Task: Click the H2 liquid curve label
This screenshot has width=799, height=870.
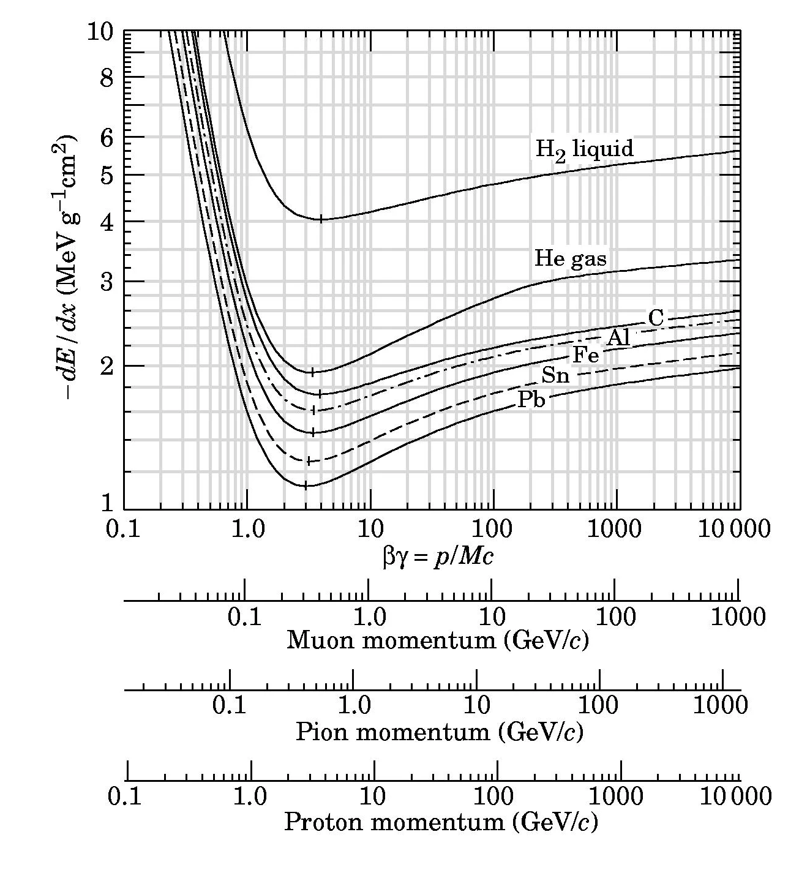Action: [584, 149]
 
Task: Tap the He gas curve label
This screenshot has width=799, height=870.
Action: [570, 258]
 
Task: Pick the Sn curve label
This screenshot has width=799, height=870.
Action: [555, 375]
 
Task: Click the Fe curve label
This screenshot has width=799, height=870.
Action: [585, 354]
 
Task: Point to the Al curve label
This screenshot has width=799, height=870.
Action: [618, 337]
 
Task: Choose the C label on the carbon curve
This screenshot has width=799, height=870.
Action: [655, 318]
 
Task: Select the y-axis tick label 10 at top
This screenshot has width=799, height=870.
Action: [100, 31]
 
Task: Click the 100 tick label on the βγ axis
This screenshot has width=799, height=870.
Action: [493, 528]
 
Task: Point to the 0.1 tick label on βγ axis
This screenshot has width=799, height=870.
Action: [124, 528]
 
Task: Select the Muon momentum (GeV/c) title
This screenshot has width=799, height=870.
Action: [438, 640]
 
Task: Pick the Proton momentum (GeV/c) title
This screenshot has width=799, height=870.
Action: [440, 822]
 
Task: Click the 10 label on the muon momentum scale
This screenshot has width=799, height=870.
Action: [492, 617]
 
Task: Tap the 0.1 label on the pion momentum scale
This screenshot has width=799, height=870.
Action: [229, 705]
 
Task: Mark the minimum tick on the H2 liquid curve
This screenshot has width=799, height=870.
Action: [320, 219]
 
